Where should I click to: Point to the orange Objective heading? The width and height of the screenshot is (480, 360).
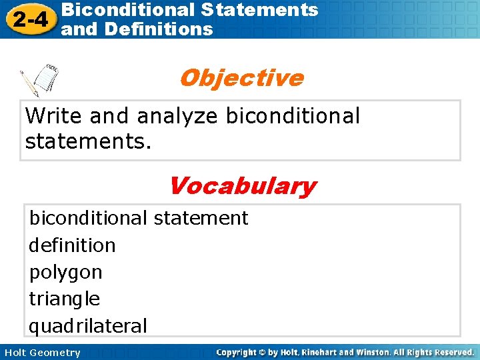tap(241, 78)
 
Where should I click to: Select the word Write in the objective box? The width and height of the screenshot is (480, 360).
tap(54, 116)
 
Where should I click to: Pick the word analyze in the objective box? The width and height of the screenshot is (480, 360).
tap(177, 117)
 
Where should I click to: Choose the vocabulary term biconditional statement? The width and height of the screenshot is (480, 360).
tap(138, 218)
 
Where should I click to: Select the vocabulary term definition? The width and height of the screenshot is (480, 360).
tap(72, 245)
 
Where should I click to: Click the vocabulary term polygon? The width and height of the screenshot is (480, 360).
tap(65, 273)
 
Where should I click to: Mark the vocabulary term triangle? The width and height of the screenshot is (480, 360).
tap(64, 299)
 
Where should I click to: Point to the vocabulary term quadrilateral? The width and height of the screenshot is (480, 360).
tap(87, 326)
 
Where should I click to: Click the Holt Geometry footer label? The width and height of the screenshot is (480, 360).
tap(41, 353)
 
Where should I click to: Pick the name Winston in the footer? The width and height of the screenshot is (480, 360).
tap(375, 352)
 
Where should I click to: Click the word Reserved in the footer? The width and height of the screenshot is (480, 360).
tap(449, 352)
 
